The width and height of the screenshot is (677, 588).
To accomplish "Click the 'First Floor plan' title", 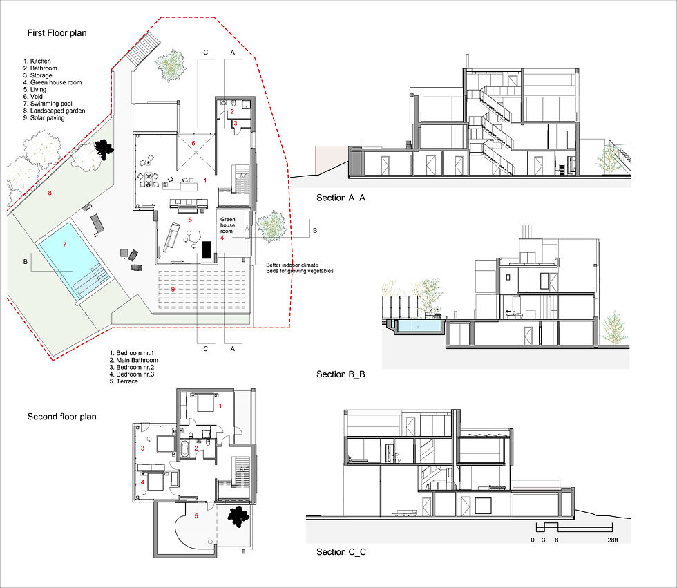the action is (57, 33).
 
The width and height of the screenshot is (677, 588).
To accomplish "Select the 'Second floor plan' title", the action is (61, 417).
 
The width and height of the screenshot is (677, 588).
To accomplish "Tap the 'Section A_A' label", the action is (341, 198).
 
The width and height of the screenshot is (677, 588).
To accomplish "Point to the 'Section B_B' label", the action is (341, 374).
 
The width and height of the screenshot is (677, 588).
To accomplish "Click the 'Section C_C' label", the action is (341, 552).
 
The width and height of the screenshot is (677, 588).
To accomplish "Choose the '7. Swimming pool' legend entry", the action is (48, 104).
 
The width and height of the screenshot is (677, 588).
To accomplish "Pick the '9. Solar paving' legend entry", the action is (44, 118).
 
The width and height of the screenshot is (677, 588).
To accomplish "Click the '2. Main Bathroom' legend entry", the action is (134, 360).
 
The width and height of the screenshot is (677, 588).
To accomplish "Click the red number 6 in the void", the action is (193, 143).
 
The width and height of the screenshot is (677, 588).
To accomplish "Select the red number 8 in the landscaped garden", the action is (50, 193).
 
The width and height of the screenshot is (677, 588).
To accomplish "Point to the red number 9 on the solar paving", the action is (173, 290).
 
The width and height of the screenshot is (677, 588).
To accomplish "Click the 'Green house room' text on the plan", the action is (227, 225).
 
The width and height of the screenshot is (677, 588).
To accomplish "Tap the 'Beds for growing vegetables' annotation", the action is (300, 271).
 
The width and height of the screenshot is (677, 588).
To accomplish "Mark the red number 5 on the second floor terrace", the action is (196, 516).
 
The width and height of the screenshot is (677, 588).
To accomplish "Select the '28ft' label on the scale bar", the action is (613, 540).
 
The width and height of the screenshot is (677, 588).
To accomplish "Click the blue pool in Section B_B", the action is (419, 326).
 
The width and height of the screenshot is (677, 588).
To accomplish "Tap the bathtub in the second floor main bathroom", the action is (184, 450).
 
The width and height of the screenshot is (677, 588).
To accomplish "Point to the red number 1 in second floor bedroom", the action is (220, 406).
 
